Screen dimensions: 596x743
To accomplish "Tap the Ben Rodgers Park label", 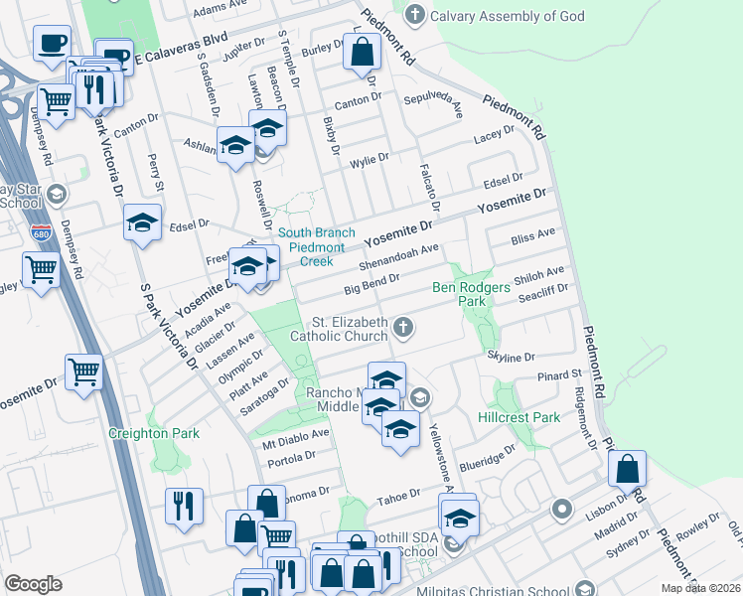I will (471, 294).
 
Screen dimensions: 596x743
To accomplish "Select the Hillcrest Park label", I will (519, 417).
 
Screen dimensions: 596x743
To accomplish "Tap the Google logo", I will (33, 584).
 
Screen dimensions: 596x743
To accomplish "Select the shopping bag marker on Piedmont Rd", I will (627, 468).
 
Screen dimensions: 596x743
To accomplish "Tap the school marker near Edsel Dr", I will (143, 222).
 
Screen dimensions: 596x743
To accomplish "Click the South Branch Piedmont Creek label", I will (311, 247).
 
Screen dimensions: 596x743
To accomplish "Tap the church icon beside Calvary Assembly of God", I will (414, 15).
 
